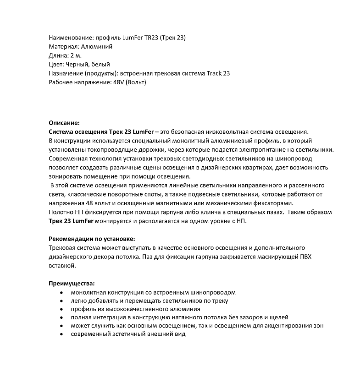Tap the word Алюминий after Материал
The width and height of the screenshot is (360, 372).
click(x=97, y=46)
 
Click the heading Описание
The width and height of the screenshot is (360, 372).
click(x=64, y=123)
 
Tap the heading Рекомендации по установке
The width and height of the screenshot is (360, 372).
click(x=92, y=239)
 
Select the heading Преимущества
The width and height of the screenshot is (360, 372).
click(x=71, y=283)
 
